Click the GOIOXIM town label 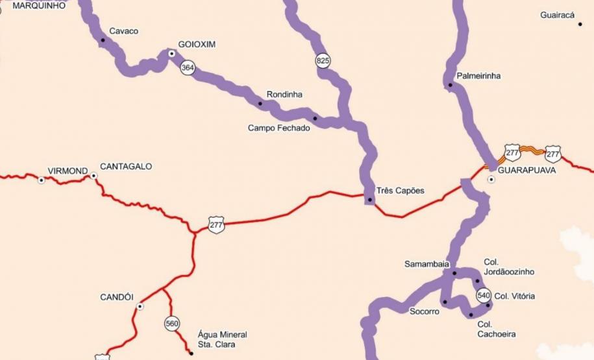point(198,45)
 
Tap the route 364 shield point(188,67)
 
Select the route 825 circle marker point(323,60)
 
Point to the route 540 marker point(483,295)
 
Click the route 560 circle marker point(171,323)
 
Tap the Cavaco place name point(123,31)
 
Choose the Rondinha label point(284,95)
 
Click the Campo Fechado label point(278,128)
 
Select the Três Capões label point(400,191)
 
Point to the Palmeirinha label point(478,76)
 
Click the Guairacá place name point(557,15)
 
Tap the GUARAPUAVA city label point(526,171)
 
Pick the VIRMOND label point(68,171)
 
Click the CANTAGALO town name point(126,167)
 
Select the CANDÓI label point(117,297)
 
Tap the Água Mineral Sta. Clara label point(222,339)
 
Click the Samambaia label point(427,264)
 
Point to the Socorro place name point(424,311)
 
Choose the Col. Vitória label point(514,296)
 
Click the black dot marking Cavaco point(103,40)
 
